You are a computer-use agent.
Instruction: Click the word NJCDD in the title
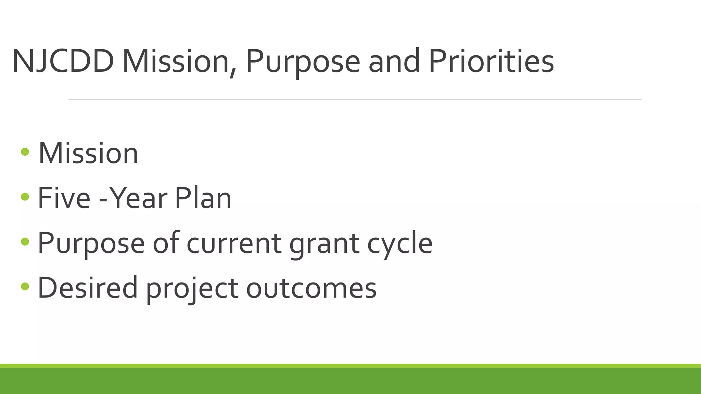tap(63, 62)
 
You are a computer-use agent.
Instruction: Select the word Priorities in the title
tap(491, 62)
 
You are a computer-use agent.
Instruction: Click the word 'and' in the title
tap(394, 62)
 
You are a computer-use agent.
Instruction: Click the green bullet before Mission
tap(25, 152)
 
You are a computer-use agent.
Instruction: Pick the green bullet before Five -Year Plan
tap(25, 196)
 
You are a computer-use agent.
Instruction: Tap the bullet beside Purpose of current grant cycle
tap(25, 241)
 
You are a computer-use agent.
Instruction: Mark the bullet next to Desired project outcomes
tap(25, 286)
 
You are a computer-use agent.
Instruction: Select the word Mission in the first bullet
tap(88, 153)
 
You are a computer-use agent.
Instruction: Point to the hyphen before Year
tap(102, 200)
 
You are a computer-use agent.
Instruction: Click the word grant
tap(324, 244)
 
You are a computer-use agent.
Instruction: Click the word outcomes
tap(311, 288)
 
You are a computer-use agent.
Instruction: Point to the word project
tap(192, 289)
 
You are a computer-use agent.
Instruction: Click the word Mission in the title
tap(176, 62)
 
